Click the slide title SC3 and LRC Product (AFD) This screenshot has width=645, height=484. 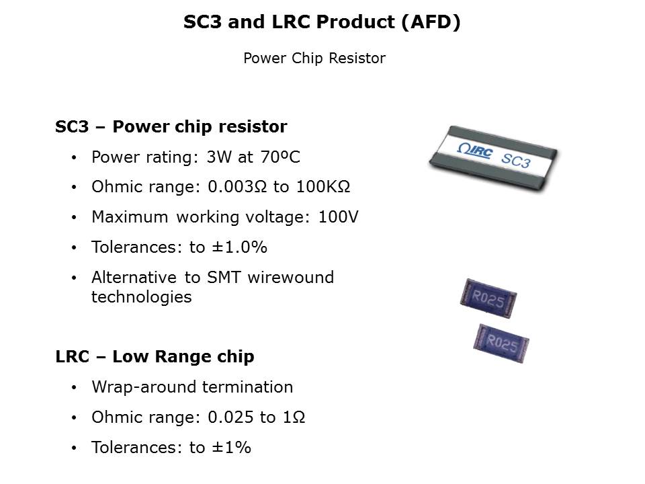pos(322,22)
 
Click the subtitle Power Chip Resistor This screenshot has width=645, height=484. pos(314,58)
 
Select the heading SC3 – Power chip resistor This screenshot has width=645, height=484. pos(171,127)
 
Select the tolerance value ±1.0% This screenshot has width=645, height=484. pos(239,247)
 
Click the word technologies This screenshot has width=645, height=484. pos(141,296)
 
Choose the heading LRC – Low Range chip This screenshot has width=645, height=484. pos(155,357)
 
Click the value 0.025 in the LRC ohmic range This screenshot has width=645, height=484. pos(228,417)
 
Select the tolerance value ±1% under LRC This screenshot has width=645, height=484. pos(230,447)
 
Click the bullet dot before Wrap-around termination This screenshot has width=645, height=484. pos(75,388)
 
